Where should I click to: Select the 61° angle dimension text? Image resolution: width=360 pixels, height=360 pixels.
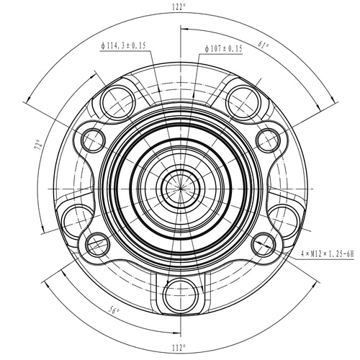click(x=264, y=47)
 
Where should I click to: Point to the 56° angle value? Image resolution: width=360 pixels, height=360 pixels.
click(x=113, y=310)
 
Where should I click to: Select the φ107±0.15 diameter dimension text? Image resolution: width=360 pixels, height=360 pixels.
click(x=223, y=48)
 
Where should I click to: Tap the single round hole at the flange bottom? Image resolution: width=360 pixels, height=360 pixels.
click(x=179, y=292)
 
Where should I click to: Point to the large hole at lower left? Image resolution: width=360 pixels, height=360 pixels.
click(x=76, y=217)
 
